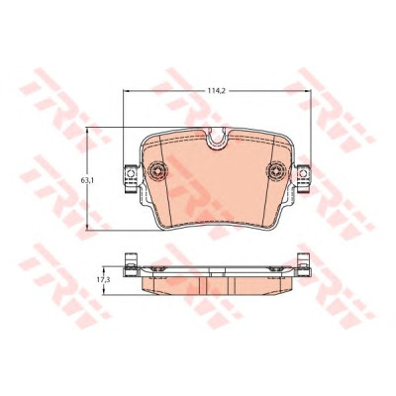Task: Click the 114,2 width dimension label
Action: pyautogui.click(x=217, y=91)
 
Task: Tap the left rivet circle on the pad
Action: pyautogui.click(x=157, y=171)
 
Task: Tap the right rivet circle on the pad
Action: pyautogui.click(x=276, y=171)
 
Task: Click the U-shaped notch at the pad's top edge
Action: pyautogui.click(x=217, y=138)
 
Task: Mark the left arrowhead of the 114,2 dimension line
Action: pyautogui.click(x=126, y=91)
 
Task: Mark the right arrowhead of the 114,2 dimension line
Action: pyautogui.click(x=308, y=91)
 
